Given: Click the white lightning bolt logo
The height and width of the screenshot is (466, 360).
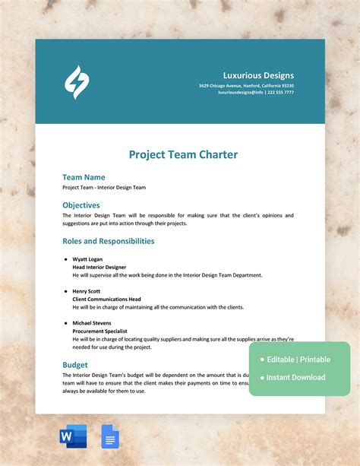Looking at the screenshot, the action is click(76, 82).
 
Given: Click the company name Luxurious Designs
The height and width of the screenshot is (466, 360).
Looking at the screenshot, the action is click(258, 75).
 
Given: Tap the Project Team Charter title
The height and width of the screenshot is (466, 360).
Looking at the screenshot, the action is click(183, 154).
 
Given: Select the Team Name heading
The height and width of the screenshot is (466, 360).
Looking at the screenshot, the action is click(84, 177).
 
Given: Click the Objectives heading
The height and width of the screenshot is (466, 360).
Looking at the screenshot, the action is click(81, 205).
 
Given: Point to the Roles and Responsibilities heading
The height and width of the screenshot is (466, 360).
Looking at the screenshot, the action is click(108, 241).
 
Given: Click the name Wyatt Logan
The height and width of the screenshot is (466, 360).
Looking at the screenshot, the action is click(87, 259).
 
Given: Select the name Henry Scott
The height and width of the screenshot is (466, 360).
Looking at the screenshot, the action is click(87, 291).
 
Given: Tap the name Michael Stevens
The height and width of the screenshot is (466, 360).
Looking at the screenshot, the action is click(92, 323).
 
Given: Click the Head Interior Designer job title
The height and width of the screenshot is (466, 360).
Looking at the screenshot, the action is click(99, 267).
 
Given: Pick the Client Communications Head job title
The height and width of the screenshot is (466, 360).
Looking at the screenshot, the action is click(106, 299).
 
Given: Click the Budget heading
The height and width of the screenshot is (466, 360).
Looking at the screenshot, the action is click(74, 365).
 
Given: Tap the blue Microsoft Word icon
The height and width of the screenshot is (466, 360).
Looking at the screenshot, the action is click(73, 436).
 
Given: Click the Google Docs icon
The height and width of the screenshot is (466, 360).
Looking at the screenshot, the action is click(109, 436).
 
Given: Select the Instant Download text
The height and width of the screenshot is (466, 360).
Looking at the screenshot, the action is click(295, 378).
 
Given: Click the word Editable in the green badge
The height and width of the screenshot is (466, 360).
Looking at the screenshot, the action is click(281, 360).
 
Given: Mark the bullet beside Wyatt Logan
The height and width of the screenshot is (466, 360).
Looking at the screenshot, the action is click(66, 259).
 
